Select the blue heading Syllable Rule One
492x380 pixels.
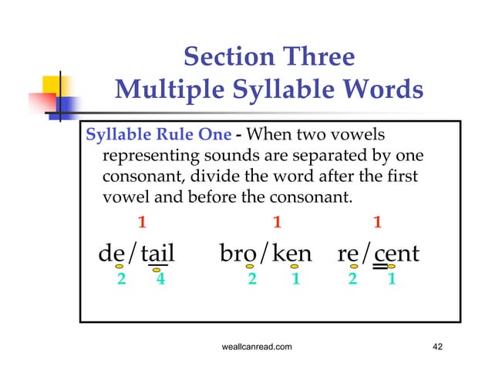(158, 133)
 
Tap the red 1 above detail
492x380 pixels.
(141, 223)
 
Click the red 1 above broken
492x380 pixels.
(278, 223)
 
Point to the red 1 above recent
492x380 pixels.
(377, 223)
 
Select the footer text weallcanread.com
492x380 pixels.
(256, 348)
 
